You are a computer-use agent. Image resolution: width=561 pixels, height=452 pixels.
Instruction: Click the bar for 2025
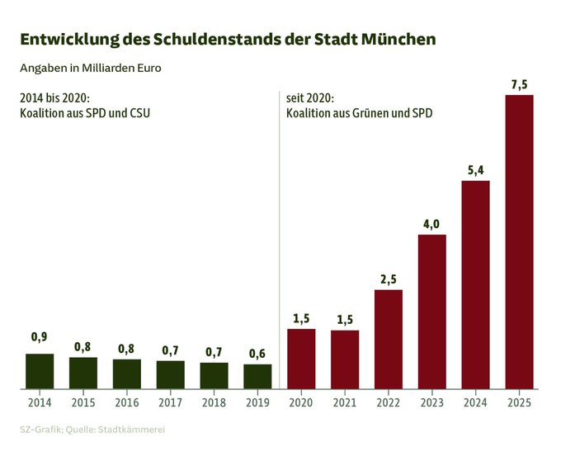point(519,241)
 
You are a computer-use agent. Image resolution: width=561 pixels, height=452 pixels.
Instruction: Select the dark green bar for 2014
point(40,371)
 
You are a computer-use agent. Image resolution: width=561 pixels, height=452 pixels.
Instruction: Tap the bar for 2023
point(431,312)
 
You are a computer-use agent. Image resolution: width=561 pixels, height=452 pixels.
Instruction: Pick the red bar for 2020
point(301,359)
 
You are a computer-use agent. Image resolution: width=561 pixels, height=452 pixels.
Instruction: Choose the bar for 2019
point(257,376)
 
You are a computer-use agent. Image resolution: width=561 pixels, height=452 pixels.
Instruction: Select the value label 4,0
point(431,223)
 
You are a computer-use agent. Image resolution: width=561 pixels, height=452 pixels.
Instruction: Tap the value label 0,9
point(40,337)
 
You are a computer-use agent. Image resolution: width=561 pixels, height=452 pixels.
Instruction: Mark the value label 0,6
point(257,353)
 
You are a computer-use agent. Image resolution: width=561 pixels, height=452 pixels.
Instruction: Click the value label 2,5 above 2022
point(388,278)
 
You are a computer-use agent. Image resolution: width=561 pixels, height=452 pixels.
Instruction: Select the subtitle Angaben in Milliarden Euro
point(90,68)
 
